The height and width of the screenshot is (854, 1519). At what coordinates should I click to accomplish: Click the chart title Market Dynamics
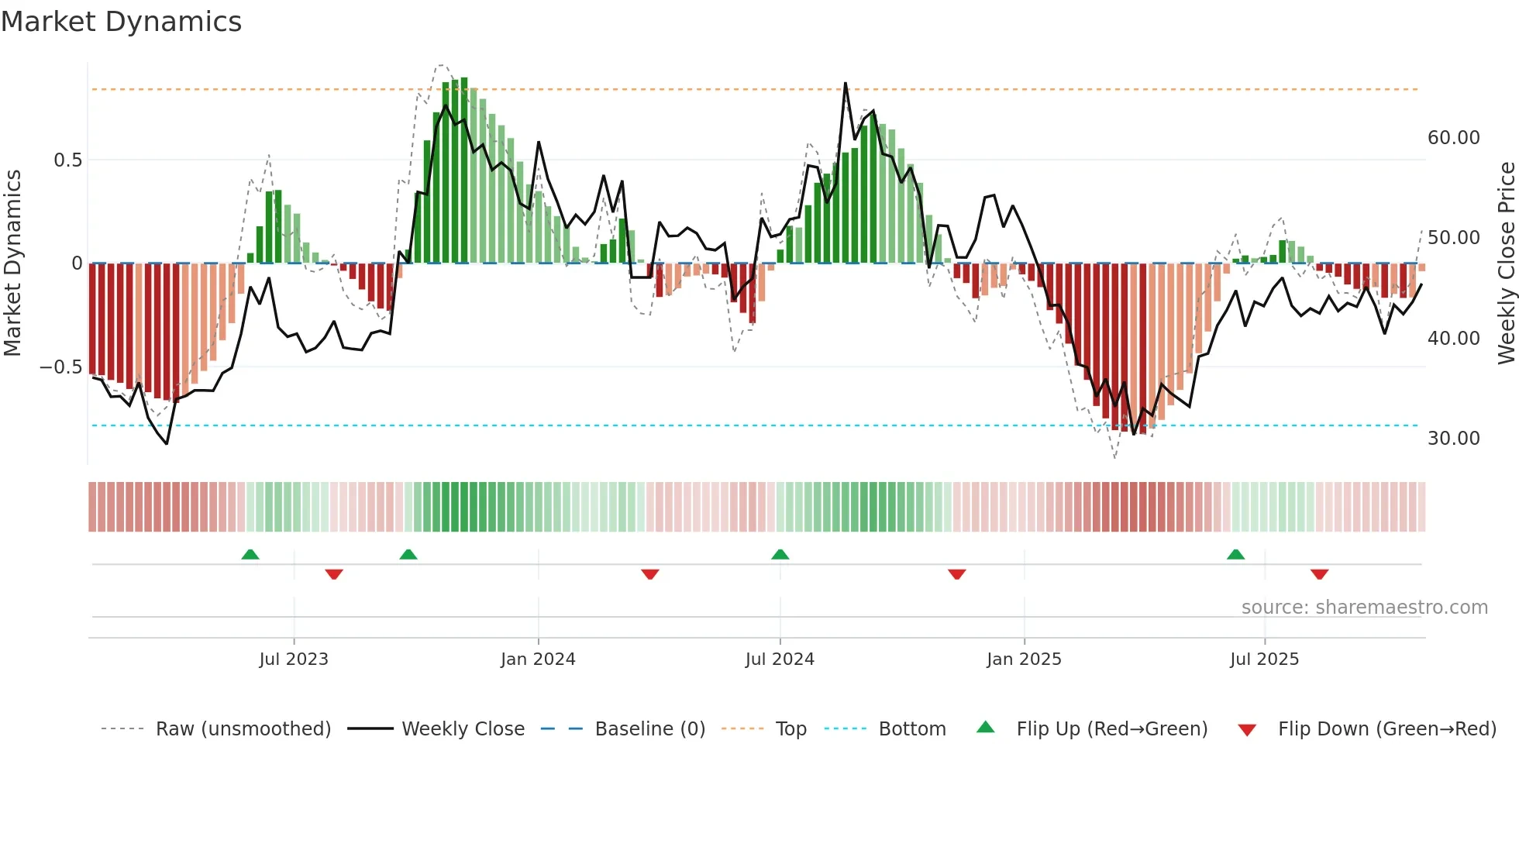[121, 22]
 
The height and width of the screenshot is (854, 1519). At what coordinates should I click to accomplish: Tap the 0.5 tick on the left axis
[67, 160]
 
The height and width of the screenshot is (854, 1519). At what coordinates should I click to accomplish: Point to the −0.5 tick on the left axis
[61, 367]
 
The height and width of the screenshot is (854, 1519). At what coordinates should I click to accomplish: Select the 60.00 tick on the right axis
[1453, 138]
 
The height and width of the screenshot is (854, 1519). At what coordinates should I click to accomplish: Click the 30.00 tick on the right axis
[1453, 439]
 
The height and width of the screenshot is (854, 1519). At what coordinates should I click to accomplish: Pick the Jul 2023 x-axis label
[294, 659]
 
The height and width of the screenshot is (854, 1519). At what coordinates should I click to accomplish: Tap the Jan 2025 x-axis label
[1024, 659]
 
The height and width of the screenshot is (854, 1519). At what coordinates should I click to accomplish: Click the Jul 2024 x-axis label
[780, 659]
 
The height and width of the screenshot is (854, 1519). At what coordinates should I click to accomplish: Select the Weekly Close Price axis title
[1506, 263]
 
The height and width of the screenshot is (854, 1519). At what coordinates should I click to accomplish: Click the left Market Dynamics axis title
[12, 263]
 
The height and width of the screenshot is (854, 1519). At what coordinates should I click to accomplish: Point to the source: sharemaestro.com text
[1364, 608]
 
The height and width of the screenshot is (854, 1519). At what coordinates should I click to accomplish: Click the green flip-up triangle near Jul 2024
[780, 555]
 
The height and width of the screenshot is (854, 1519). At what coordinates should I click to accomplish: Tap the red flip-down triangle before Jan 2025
[957, 574]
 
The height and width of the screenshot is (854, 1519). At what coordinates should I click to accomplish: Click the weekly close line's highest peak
[845, 83]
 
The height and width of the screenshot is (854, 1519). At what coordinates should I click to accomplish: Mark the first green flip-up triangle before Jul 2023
[250, 555]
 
